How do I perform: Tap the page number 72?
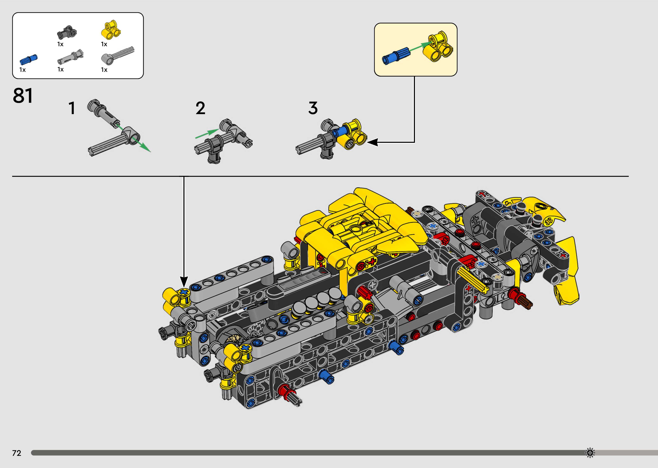17,453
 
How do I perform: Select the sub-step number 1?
72,108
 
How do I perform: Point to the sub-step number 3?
313,108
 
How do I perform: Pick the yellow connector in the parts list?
111,30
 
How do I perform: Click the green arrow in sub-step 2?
207,134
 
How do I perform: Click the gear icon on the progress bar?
590,453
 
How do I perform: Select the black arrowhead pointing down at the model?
184,281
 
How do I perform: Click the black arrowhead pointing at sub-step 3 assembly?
372,142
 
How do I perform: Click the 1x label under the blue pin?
22,70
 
